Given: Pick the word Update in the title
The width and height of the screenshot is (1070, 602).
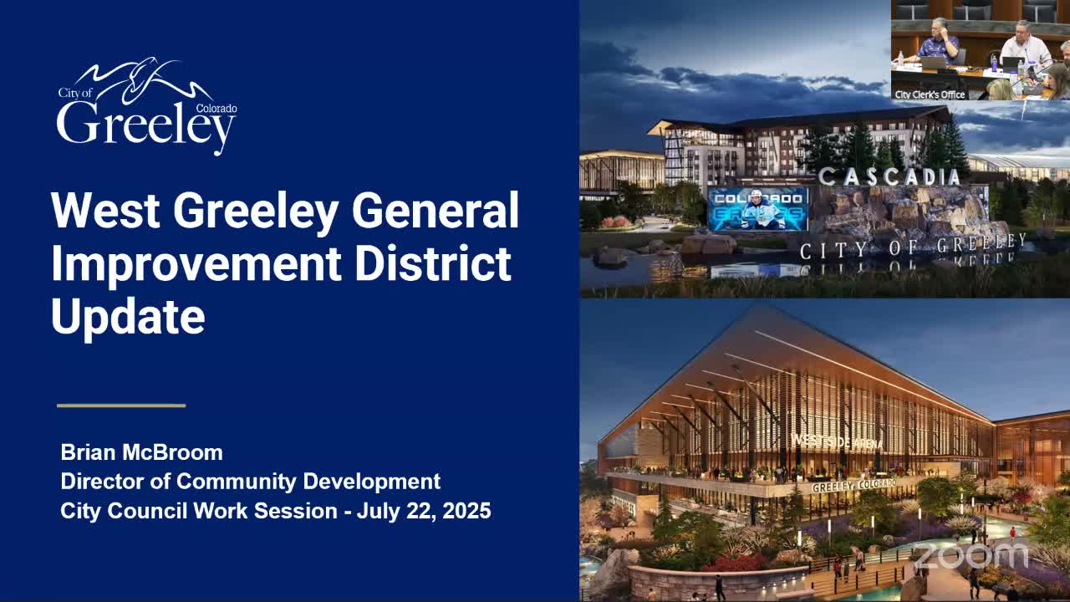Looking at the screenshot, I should pos(128,318).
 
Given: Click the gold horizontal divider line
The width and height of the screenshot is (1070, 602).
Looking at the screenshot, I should pos(121,406).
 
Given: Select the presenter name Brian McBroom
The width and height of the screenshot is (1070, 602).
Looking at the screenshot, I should pos(141,452).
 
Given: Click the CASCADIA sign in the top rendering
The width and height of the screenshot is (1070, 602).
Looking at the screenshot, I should pos(889,176).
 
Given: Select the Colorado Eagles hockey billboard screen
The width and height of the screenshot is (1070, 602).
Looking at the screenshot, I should pos(758,209).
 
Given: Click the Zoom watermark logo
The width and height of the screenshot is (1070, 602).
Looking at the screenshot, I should pos(970,555).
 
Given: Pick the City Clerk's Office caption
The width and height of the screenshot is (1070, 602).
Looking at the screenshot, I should pos(930,94).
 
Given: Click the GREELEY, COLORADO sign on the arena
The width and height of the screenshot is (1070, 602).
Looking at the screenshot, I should pos(853,485).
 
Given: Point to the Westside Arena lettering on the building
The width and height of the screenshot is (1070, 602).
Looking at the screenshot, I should pos(836,441).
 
